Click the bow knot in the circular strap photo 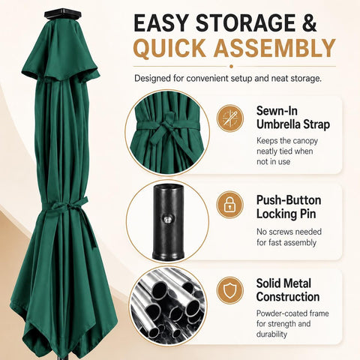[166, 124]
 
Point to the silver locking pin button [167, 220]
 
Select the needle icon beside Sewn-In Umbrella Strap [230, 118]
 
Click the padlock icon [229, 205]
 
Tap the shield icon [229, 290]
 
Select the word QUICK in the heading [170, 48]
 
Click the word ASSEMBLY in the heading [274, 48]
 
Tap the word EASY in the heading [160, 23]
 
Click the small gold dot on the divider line [231, 66]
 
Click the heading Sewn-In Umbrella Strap [293, 118]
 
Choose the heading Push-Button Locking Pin [289, 207]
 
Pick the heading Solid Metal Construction [288, 290]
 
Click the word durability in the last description [271, 334]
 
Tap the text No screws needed [289, 232]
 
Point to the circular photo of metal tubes [168, 306]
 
